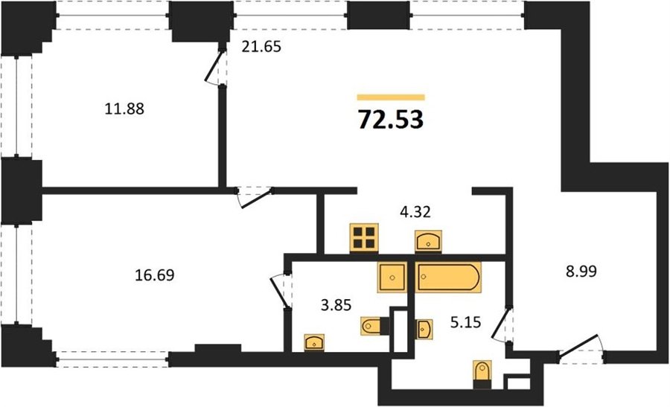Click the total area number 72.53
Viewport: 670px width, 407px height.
391,120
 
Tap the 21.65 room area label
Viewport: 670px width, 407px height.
261,47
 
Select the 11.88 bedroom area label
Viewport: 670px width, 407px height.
124,109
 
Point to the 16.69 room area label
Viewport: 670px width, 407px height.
155,275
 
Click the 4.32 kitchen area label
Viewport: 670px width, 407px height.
415,211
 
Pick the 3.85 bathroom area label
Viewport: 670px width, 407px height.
336,305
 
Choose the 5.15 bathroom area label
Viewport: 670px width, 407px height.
466,321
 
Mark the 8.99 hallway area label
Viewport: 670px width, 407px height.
581,271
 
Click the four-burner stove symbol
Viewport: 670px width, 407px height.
364,238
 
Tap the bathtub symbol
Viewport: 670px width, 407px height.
449,278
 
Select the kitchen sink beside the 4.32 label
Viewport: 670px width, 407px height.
429,241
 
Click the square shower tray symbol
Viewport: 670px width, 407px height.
392,278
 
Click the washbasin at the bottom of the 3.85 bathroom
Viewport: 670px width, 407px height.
314,343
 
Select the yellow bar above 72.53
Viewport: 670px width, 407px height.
391,97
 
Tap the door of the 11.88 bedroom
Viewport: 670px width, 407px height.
214,65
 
